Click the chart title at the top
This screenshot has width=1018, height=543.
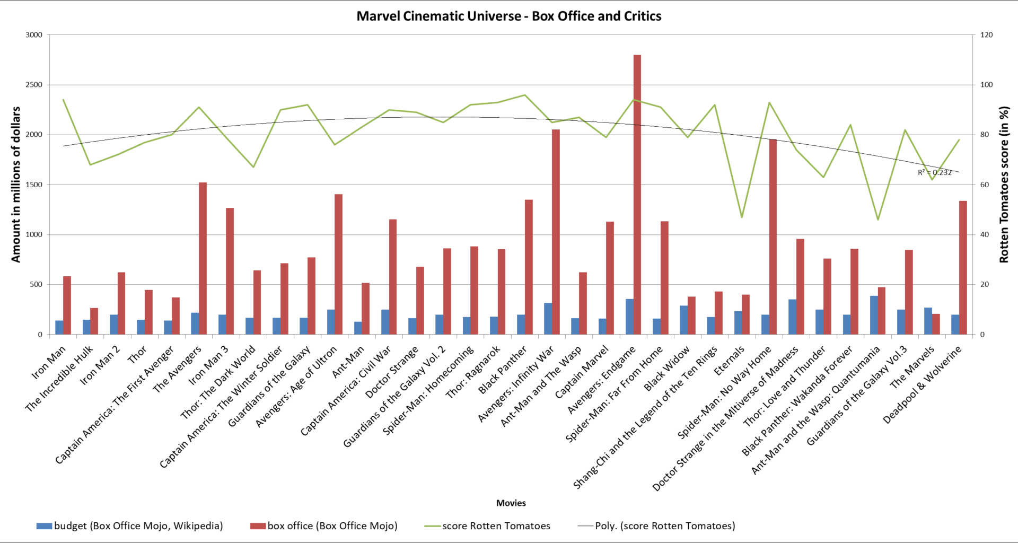click(x=508, y=16)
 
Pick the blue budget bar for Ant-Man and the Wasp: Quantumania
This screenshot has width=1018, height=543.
click(x=873, y=315)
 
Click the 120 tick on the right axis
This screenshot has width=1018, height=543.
click(x=986, y=35)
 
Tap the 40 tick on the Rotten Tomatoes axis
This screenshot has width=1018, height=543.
click(x=985, y=234)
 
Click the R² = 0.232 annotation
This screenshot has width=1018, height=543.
click(x=934, y=172)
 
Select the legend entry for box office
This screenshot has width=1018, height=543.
click(x=324, y=526)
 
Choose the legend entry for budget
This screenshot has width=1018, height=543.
click(x=130, y=526)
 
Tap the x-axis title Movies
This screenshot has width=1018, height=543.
click(x=511, y=503)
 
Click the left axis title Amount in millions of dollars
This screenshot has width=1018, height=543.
click(x=16, y=185)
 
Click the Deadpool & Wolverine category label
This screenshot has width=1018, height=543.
click(x=922, y=384)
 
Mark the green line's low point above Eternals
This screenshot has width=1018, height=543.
click(x=742, y=217)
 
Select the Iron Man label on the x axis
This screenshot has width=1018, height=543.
click(x=49, y=362)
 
